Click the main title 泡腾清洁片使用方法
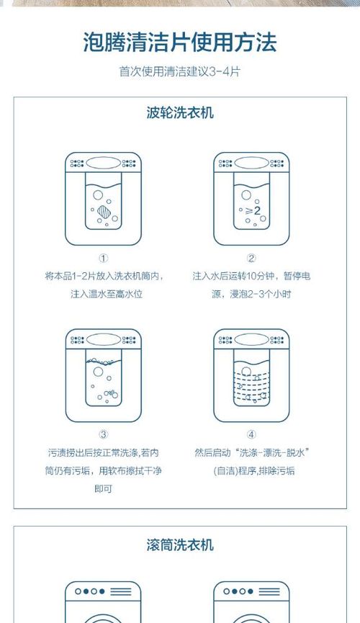click(179, 42)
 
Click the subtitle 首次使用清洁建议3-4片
click(179, 72)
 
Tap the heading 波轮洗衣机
click(180, 113)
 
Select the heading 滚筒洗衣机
click(180, 544)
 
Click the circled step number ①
click(103, 259)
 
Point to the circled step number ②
click(251, 259)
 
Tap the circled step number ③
click(103, 434)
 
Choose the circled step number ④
click(251, 434)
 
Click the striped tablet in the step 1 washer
click(104, 211)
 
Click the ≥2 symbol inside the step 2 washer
click(253, 210)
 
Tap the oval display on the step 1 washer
click(103, 163)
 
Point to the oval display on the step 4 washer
click(251, 339)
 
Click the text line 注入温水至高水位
click(107, 295)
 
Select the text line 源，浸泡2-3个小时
click(251, 295)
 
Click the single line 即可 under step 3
click(103, 489)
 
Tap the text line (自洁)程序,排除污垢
click(254, 471)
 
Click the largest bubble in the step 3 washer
click(98, 372)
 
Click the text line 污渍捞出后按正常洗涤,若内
click(103, 453)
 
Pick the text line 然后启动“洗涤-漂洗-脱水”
click(252, 453)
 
